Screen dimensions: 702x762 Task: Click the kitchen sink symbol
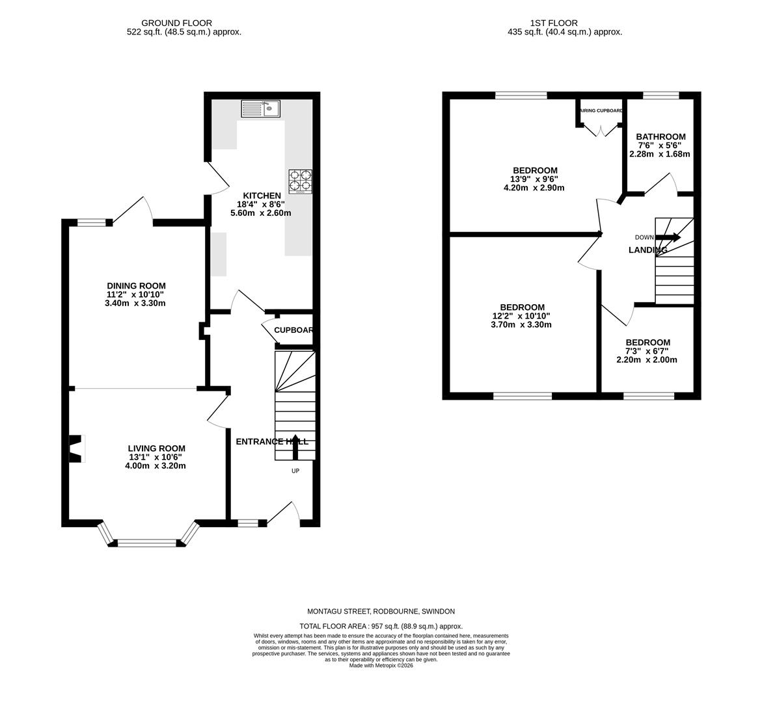[260, 108]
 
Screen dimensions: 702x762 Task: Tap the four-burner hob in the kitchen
[300, 181]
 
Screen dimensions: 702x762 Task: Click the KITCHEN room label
[262, 196]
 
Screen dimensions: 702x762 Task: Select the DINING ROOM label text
[136, 286]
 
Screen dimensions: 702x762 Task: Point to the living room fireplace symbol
[77, 448]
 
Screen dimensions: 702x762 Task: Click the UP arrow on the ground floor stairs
[295, 447]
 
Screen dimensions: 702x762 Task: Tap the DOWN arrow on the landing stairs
[668, 238]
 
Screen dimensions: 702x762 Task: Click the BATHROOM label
[660, 137]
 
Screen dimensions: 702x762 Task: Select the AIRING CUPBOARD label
[601, 111]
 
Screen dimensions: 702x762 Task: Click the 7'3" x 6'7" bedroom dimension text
[647, 351]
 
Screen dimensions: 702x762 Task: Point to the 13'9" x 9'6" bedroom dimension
[534, 179]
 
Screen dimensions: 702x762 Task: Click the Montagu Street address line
[381, 612]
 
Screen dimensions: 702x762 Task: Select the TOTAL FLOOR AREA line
[381, 626]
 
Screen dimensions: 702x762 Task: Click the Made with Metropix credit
[381, 666]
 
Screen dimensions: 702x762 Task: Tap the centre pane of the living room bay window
[146, 543]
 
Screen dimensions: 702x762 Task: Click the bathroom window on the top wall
[661, 96]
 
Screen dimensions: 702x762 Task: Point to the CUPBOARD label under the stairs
[293, 330]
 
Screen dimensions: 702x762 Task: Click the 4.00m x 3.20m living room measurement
[156, 465]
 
